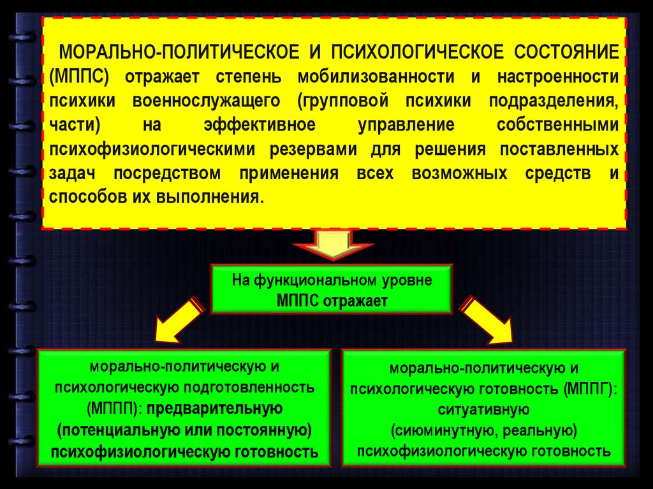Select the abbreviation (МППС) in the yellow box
coord(81,77)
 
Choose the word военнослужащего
coord(207,101)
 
